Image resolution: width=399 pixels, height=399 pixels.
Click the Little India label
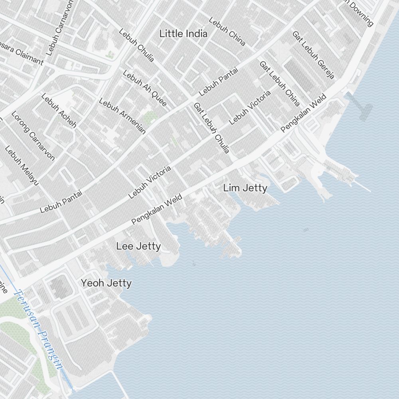tap(183, 34)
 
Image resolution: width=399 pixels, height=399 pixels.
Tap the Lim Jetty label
tap(245, 188)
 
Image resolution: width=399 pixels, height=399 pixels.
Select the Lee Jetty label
tap(138, 246)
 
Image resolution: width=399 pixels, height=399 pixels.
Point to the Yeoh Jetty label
tap(106, 283)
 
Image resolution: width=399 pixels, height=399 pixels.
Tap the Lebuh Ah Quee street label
tap(144, 88)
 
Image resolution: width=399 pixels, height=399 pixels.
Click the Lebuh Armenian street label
tap(122, 116)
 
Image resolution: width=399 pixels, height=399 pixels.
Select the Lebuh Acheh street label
tap(58, 111)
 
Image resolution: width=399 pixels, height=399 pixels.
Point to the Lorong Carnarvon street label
tap(33, 135)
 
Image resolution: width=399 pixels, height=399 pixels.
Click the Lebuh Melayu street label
tap(22, 166)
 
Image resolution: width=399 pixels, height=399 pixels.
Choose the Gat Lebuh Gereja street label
tap(313, 55)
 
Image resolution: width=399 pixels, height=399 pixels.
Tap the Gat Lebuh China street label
tap(279, 83)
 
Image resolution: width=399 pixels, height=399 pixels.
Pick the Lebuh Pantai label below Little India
tap(218, 81)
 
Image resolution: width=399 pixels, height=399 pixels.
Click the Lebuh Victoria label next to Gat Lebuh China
tap(250, 107)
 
